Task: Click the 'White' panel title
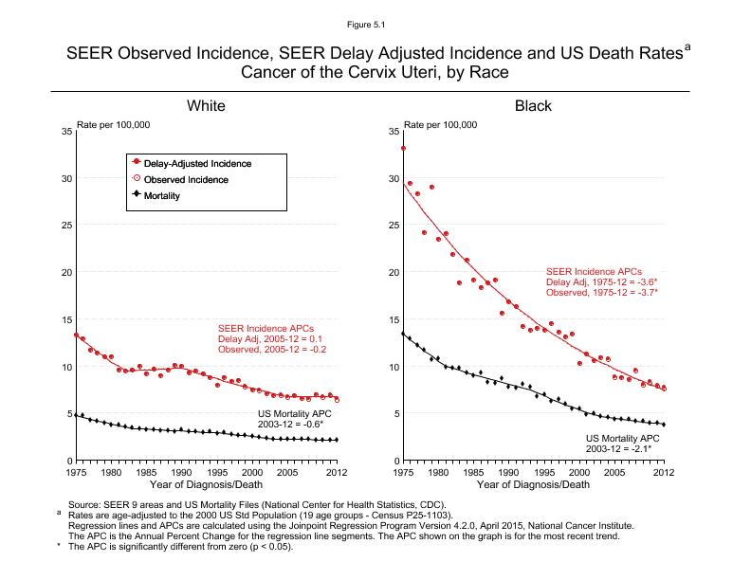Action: click(x=206, y=106)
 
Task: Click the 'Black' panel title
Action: click(x=533, y=106)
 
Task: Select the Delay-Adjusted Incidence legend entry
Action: click(x=197, y=163)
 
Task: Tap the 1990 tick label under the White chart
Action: click(x=181, y=472)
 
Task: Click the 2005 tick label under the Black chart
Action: click(x=614, y=472)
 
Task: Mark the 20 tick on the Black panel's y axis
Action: click(x=394, y=272)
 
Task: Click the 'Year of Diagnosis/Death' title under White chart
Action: click(x=206, y=484)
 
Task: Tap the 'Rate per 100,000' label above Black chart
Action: click(x=441, y=124)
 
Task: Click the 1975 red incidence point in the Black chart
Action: click(x=404, y=148)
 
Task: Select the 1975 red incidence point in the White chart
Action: click(x=76, y=335)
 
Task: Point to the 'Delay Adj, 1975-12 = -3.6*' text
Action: click(x=602, y=281)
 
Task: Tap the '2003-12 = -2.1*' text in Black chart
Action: click(x=623, y=448)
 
